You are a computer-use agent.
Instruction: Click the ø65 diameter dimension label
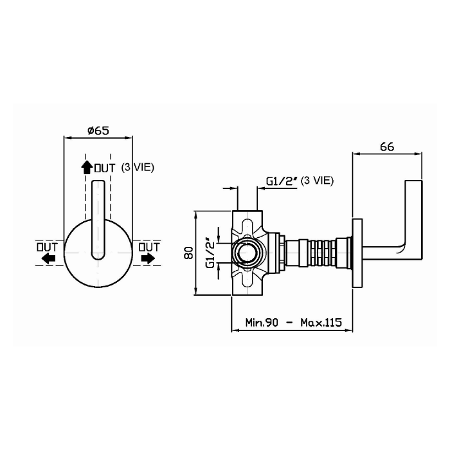(x=98, y=130)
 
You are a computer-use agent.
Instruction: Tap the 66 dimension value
(x=387, y=147)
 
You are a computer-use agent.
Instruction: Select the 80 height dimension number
(x=189, y=253)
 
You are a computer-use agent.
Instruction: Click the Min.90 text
(x=262, y=322)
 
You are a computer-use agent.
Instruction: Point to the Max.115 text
(x=321, y=322)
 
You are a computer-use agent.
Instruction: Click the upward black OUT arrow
(x=86, y=167)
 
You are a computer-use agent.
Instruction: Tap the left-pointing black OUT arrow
(x=48, y=258)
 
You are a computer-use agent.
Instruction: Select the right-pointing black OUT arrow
(x=148, y=258)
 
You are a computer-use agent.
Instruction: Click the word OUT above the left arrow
(x=47, y=247)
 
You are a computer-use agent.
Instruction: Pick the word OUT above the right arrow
(x=149, y=247)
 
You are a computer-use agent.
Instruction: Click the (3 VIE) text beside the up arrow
(x=138, y=167)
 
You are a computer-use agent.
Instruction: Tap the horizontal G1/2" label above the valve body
(x=282, y=181)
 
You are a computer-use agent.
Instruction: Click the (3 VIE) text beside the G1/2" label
(x=317, y=181)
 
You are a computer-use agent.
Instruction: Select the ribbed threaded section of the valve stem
(x=323, y=253)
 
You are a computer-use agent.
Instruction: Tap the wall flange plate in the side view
(x=357, y=253)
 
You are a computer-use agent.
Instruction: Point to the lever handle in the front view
(x=98, y=220)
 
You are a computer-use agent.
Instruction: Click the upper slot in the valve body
(x=247, y=227)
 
